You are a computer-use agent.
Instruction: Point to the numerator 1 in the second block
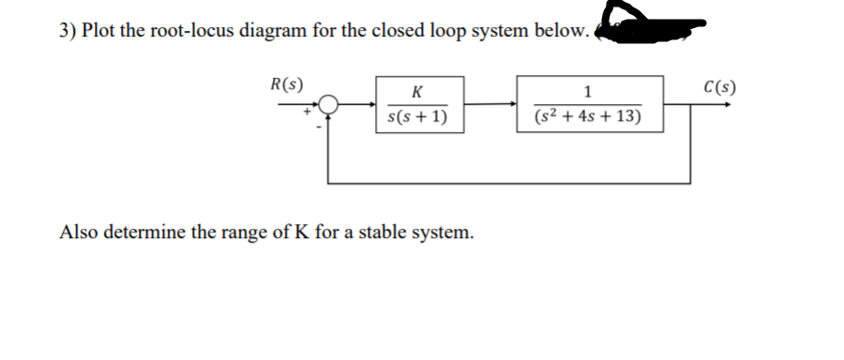click(x=587, y=92)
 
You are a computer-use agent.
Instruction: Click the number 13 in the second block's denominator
click(x=625, y=118)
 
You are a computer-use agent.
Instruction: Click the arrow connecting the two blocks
click(x=488, y=104)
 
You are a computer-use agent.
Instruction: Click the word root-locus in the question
click(x=193, y=30)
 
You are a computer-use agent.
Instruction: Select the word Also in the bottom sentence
click(x=78, y=232)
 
